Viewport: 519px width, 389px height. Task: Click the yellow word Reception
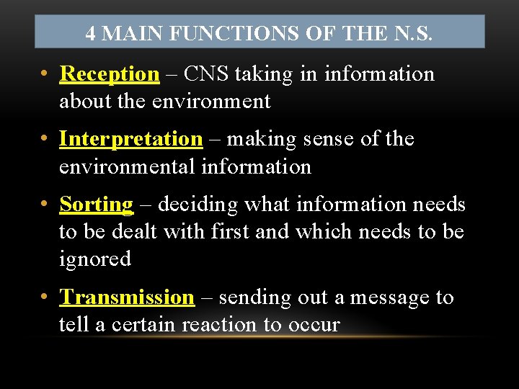[109, 74]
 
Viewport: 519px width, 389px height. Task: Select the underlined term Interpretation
[130, 138]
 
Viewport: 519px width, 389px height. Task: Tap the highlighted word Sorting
[96, 205]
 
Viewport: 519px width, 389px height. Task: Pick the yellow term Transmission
[126, 297]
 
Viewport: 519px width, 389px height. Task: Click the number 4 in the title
[90, 33]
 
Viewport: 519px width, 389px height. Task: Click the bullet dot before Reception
[45, 74]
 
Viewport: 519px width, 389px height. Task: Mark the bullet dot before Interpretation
[45, 138]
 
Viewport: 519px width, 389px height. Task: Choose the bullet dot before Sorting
[45, 205]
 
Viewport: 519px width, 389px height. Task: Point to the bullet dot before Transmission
[45, 297]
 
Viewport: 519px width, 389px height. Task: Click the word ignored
[94, 259]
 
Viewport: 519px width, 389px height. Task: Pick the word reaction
[219, 325]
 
